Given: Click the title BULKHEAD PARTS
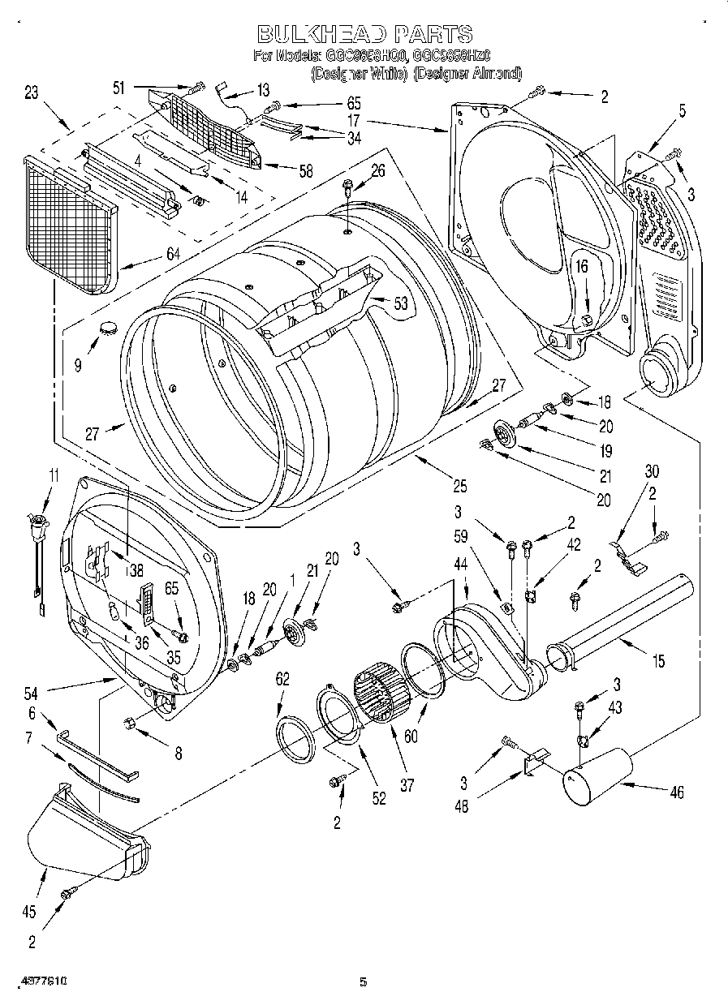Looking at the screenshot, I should [364, 33].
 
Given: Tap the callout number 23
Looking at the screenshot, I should [32, 92].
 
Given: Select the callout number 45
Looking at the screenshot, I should [29, 912].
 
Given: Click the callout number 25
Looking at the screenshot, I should [459, 487].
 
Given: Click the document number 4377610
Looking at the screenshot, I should [39, 982].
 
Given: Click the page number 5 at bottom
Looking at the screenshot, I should [364, 982].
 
